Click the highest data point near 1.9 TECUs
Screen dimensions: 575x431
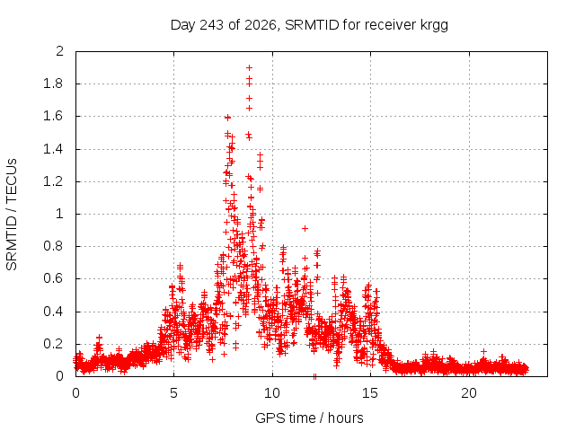250,68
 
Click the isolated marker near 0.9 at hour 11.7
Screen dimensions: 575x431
305,228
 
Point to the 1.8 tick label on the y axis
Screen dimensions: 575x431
53,84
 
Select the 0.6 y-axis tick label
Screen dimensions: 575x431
53,278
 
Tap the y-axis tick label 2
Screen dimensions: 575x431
59,51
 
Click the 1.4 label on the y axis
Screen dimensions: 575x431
53,149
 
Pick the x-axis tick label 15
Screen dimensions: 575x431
369,393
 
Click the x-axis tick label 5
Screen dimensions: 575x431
173,393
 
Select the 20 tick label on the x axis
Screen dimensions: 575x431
469,393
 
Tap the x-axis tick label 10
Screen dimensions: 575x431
271,393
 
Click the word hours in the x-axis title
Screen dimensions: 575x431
345,418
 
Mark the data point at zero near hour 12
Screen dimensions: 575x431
314,376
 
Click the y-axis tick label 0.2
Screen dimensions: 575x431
53,344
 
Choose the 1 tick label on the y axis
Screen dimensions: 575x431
60,214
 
